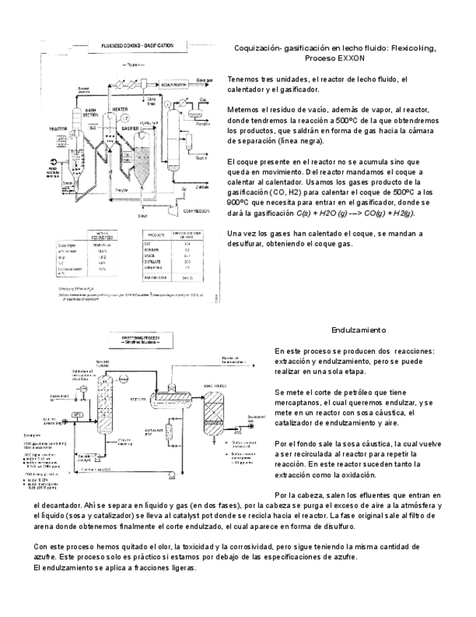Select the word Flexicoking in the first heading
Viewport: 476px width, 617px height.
[414, 48]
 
